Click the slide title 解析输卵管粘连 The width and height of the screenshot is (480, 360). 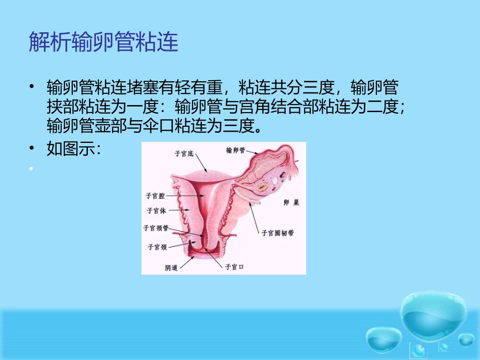point(104,42)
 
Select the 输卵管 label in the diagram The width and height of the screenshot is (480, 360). point(235,150)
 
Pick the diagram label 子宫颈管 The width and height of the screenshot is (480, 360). point(156,228)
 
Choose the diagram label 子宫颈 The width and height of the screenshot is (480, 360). point(157,247)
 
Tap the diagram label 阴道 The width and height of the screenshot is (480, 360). point(172,268)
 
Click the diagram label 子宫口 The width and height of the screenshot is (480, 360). point(234,267)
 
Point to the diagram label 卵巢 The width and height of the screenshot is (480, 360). point(291,203)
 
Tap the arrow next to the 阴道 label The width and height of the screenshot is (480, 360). point(186,262)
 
